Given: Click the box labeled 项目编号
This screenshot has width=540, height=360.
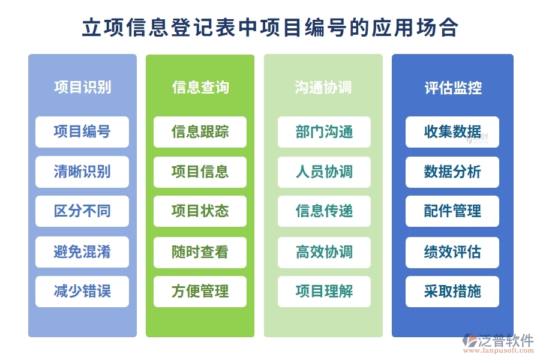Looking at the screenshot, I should pyautogui.click(x=82, y=132).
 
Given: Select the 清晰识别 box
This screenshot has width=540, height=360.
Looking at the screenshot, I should pyautogui.click(x=82, y=172).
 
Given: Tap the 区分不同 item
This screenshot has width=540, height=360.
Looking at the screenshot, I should pyautogui.click(x=82, y=211).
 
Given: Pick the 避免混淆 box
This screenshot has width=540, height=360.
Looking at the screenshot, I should pyautogui.click(x=82, y=252).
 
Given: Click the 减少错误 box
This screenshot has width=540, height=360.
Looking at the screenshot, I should pyautogui.click(x=82, y=292).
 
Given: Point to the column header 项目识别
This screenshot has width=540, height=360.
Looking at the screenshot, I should pyautogui.click(x=82, y=88).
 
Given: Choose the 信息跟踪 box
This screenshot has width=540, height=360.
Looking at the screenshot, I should pyautogui.click(x=200, y=132).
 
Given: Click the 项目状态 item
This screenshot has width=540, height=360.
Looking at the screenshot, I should pyautogui.click(x=200, y=211).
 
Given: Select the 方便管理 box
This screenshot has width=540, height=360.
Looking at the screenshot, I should pyautogui.click(x=200, y=292).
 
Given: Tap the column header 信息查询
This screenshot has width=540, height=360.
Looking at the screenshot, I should pyautogui.click(x=200, y=88).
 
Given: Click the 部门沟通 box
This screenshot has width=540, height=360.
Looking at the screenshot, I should pyautogui.click(x=324, y=132).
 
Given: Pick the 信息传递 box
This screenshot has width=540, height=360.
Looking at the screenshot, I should pyautogui.click(x=324, y=211).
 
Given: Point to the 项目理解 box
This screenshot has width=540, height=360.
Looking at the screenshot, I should pyautogui.click(x=324, y=292).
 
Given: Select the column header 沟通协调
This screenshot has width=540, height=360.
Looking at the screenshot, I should pyautogui.click(x=324, y=88).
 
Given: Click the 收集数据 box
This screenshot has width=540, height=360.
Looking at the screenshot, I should pyautogui.click(x=452, y=132).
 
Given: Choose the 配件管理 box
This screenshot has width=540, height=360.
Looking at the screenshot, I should pyautogui.click(x=452, y=211).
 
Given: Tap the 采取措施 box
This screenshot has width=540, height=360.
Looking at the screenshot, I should pyautogui.click(x=452, y=292).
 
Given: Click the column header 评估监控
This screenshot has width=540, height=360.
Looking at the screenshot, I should pyautogui.click(x=452, y=88).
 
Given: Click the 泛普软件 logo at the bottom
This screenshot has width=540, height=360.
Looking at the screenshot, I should pyautogui.click(x=497, y=343).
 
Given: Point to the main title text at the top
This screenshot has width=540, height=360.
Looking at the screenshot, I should pyautogui.click(x=270, y=28).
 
